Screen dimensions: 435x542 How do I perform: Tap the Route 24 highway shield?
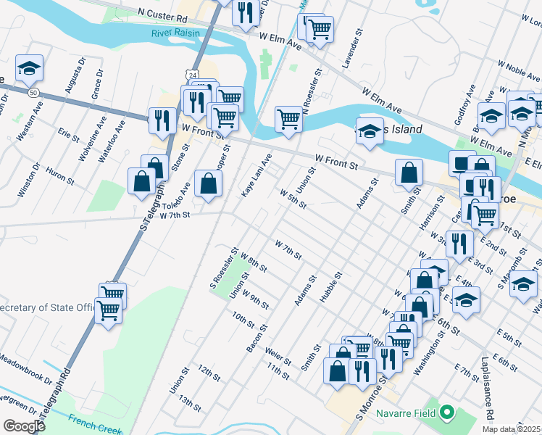pos(191,74)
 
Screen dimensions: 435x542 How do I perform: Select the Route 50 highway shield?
pos(34,93)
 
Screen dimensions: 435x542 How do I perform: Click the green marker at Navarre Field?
pos(447,414)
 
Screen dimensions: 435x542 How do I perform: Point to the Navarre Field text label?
pos(406,414)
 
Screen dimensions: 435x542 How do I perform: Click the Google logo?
pos(23,426)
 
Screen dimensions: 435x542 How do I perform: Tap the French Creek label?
pos(94,422)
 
